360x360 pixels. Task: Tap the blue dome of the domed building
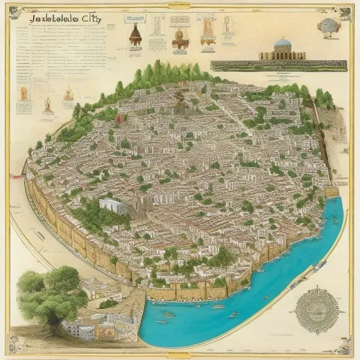tap(282, 44)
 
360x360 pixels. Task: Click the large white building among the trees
tap(113, 205)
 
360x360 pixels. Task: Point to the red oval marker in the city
tap(119, 119)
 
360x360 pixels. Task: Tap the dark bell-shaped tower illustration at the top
tap(136, 35)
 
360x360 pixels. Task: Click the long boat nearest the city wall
tap(217, 307)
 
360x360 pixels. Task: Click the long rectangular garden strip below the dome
tap(278, 66)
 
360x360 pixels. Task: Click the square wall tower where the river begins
tap(332, 192)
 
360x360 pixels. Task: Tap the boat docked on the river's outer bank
tap(320, 267)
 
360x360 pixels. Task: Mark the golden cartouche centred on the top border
tap(180, 6)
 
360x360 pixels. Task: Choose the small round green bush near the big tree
tap(108, 303)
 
